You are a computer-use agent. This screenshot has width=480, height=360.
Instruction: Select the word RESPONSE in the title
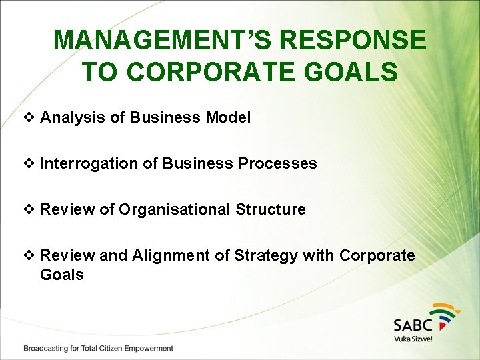[x=353, y=40]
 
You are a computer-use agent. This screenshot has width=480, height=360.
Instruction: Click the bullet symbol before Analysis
[x=29, y=118]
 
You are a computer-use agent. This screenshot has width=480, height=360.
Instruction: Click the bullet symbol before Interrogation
[x=29, y=163]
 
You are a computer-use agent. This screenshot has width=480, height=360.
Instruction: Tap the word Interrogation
[x=89, y=163]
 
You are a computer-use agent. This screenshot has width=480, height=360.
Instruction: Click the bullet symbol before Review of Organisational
[x=29, y=209]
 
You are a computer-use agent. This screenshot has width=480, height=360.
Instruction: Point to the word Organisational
[x=175, y=209]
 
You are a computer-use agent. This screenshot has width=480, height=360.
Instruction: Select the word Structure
[x=271, y=209]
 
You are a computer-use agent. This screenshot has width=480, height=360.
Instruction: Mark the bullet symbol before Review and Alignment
[x=29, y=255]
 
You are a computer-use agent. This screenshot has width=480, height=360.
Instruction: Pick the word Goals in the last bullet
[x=62, y=275]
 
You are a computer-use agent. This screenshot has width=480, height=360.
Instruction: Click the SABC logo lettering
[x=413, y=325]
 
